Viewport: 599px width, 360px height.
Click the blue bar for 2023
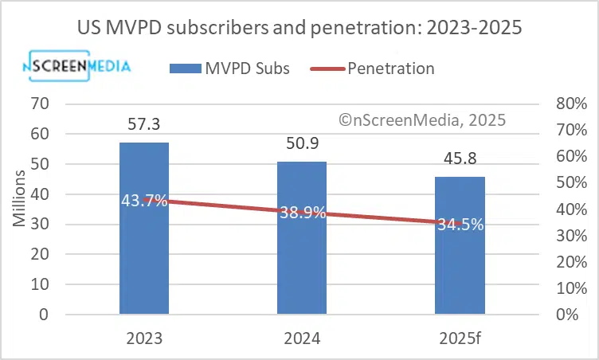(x=144, y=255)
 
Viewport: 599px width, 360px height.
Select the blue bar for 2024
(x=301, y=263)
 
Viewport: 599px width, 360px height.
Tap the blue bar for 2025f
(x=460, y=271)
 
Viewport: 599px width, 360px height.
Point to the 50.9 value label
(x=301, y=143)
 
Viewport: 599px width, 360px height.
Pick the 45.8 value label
(x=460, y=158)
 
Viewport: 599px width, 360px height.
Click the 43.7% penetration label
(x=144, y=201)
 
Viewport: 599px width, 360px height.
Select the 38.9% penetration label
(x=302, y=213)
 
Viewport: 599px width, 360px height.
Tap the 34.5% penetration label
(x=460, y=225)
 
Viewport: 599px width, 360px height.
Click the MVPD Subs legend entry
(x=229, y=68)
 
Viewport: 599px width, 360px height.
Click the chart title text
(x=299, y=28)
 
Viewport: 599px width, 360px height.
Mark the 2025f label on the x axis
(x=460, y=338)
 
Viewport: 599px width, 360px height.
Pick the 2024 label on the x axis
(x=301, y=338)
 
